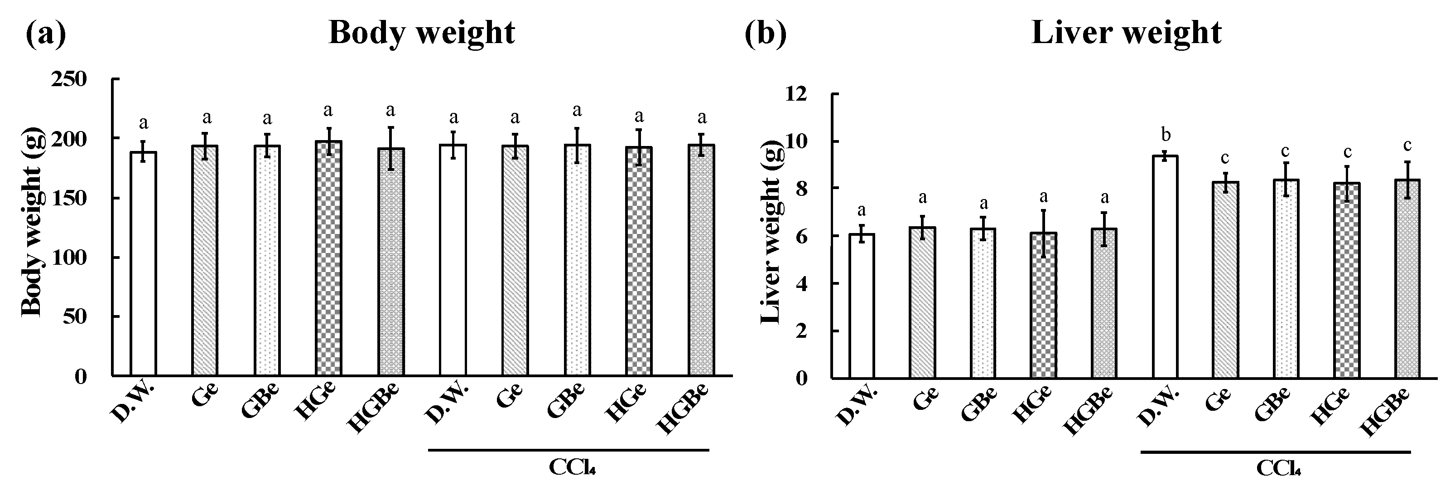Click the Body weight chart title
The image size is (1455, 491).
(x=421, y=33)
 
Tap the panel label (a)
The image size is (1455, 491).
(x=46, y=34)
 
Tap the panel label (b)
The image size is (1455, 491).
(x=766, y=34)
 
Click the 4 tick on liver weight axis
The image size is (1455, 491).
(x=803, y=284)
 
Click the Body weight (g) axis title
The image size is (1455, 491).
(x=32, y=228)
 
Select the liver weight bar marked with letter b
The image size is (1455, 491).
(x=1165, y=267)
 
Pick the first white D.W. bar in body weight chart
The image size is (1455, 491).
(x=144, y=264)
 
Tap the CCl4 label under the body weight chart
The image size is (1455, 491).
(x=572, y=468)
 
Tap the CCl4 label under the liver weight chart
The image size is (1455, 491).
(x=1279, y=468)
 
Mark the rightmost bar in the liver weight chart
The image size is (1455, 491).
(x=1407, y=278)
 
